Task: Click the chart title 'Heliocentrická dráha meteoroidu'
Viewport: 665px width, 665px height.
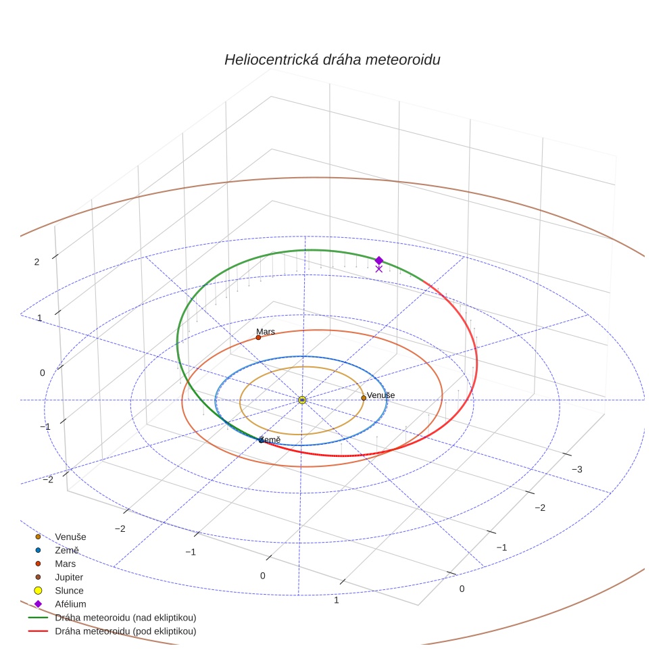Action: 332,59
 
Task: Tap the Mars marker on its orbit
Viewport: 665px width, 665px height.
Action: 258,337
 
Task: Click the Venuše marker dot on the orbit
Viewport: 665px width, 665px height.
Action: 364,398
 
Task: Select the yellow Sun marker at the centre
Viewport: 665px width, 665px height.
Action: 302,400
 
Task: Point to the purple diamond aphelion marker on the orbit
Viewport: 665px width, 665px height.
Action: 379,260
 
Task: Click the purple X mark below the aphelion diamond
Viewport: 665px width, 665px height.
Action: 379,269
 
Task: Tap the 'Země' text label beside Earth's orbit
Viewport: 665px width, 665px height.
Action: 271,440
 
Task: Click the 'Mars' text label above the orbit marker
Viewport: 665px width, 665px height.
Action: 266,332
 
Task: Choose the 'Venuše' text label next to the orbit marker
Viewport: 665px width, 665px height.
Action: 381,395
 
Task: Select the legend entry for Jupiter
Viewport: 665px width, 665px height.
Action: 69,577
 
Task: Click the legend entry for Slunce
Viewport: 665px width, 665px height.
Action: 69,591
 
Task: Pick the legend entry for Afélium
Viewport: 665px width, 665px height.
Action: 70,604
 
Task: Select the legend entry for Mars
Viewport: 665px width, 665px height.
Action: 65,564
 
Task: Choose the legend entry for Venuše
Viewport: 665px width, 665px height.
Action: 70,537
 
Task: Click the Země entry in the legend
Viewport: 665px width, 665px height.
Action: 67,550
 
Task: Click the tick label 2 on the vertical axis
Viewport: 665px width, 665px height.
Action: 37,262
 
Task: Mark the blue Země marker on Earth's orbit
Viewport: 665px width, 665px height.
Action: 261,441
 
